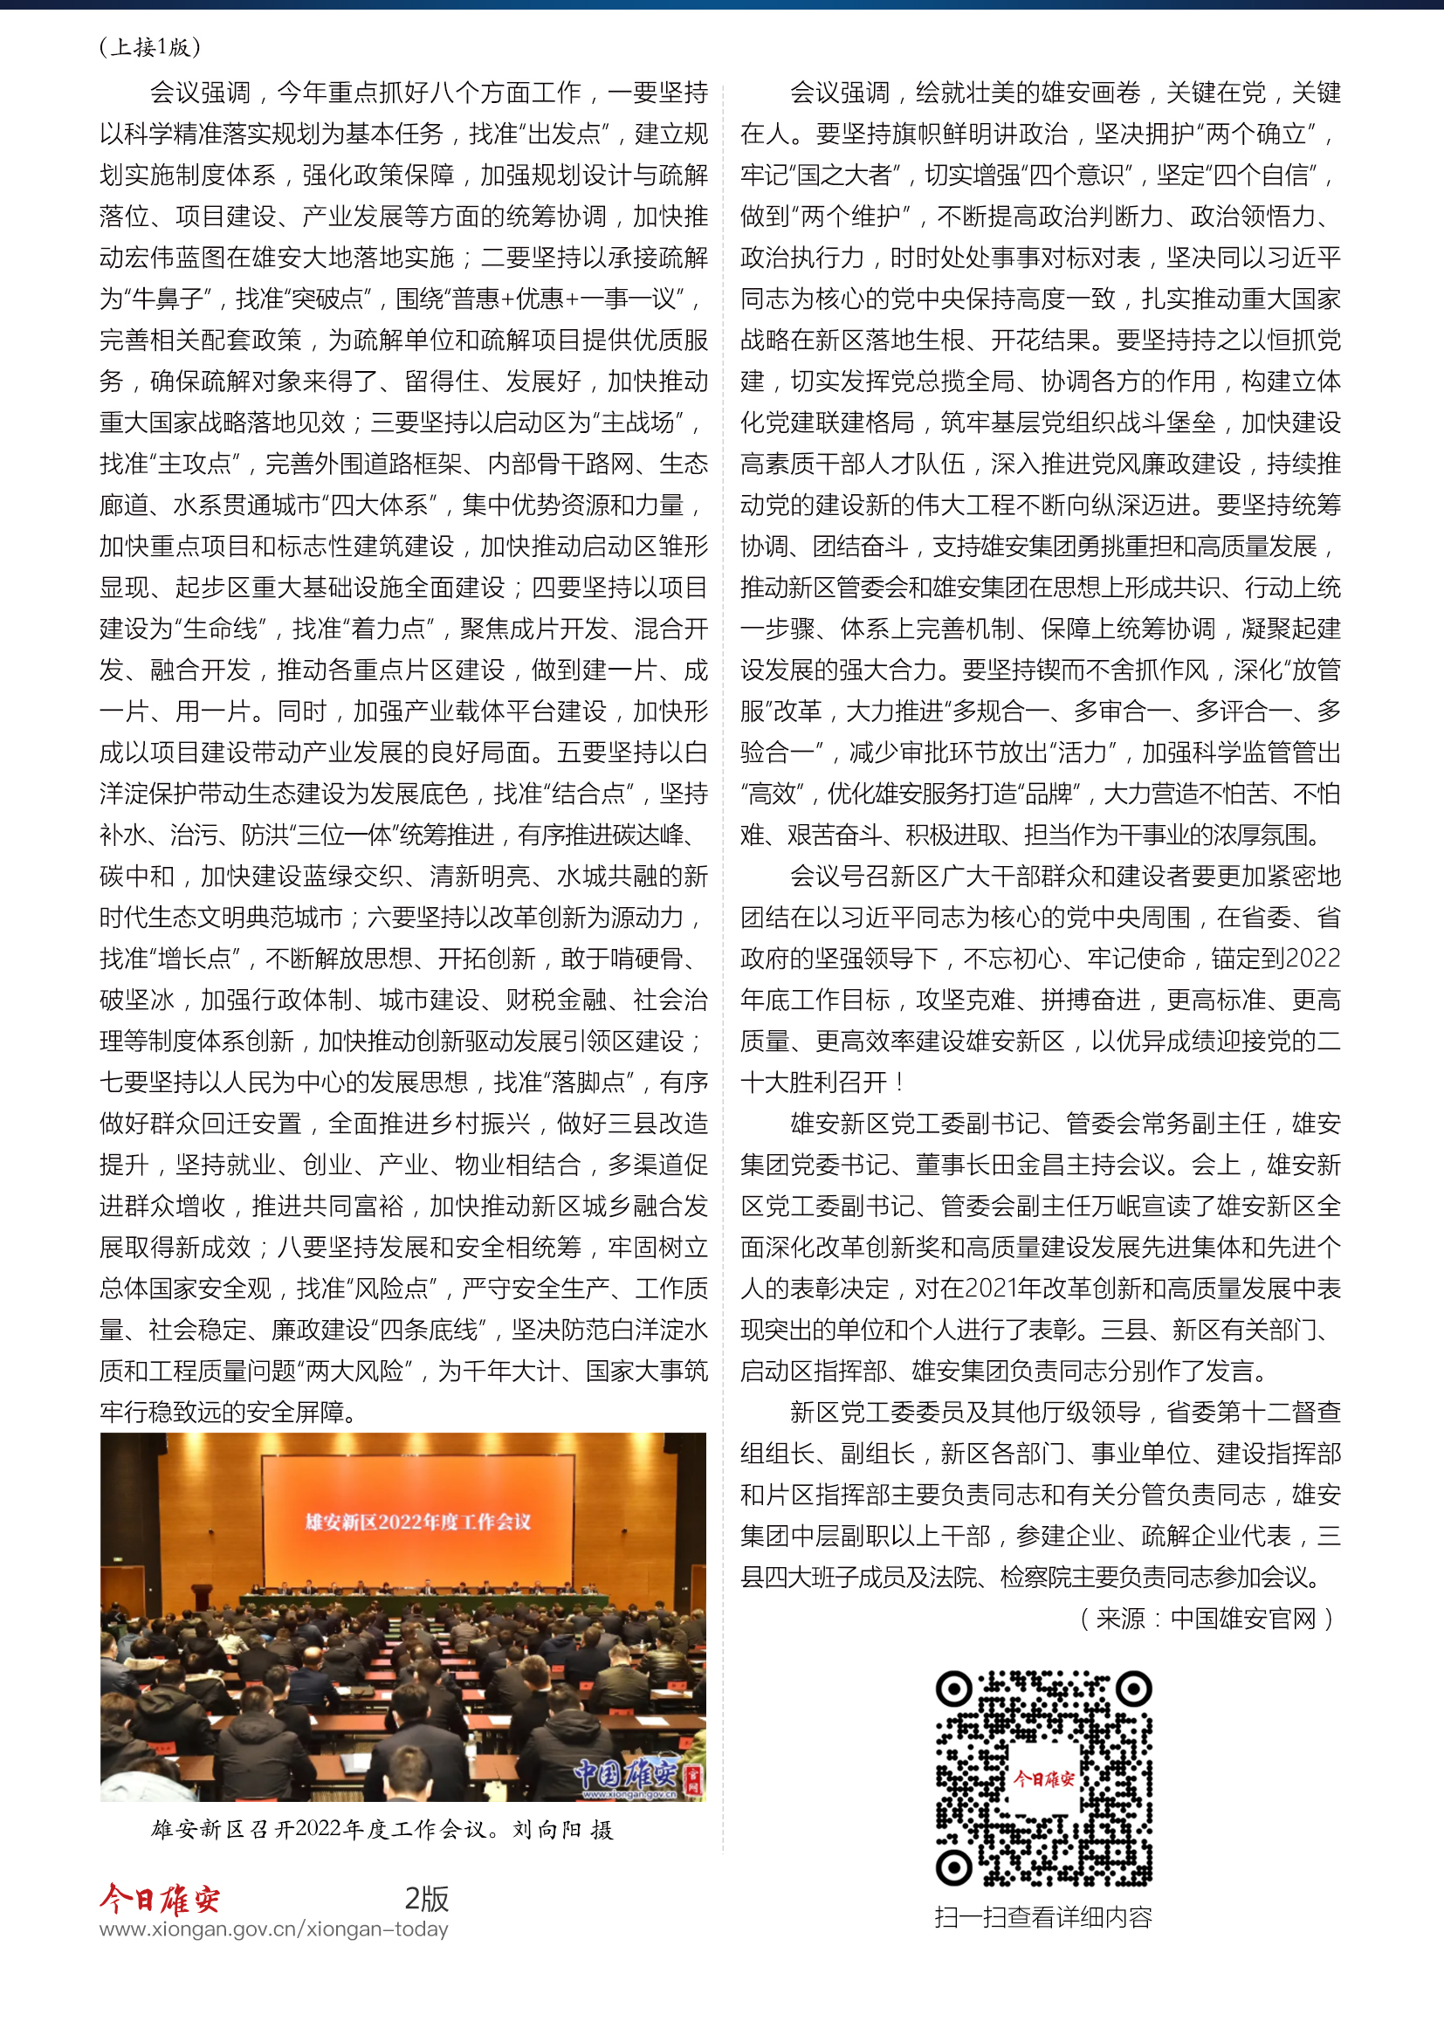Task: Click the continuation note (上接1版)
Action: pyautogui.click(x=150, y=47)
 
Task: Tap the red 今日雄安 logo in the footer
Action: pyautogui.click(x=160, y=1899)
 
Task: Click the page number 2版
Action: pyautogui.click(x=427, y=1898)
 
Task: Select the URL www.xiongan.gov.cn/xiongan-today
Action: pyautogui.click(x=274, y=1929)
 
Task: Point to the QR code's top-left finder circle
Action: pyautogui.click(x=954, y=1688)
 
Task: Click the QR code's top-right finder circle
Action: pyautogui.click(x=1134, y=1688)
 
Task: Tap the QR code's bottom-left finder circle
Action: pyautogui.click(x=954, y=1867)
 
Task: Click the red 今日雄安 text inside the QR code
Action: pyautogui.click(x=1044, y=1777)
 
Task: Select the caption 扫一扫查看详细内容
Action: pyautogui.click(x=1043, y=1917)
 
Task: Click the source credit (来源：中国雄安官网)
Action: pyautogui.click(x=1207, y=1619)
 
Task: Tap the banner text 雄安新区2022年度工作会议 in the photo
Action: pyautogui.click(x=418, y=1522)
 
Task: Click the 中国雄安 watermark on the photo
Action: pyautogui.click(x=626, y=1773)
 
